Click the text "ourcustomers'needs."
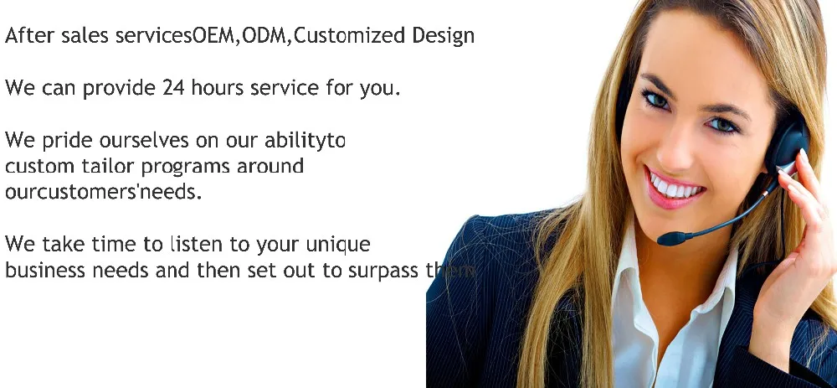(x=104, y=191)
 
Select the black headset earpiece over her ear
(x=787, y=142)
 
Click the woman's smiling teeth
(x=676, y=186)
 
